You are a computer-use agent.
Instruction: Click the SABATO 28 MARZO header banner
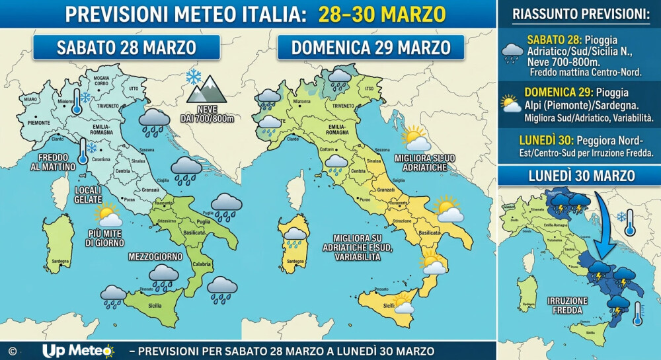126,48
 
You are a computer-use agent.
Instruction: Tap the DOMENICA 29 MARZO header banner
370,48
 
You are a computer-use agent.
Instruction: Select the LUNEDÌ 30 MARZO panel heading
579,176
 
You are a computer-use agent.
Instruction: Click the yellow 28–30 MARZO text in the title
382,14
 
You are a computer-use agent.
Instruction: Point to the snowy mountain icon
206,88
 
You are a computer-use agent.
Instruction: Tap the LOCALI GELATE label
88,194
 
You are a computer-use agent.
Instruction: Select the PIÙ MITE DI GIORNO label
106,238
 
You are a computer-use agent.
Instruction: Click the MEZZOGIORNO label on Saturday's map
153,255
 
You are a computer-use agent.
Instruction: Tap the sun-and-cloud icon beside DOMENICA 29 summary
510,104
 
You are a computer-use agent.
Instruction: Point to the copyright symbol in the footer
12,351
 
